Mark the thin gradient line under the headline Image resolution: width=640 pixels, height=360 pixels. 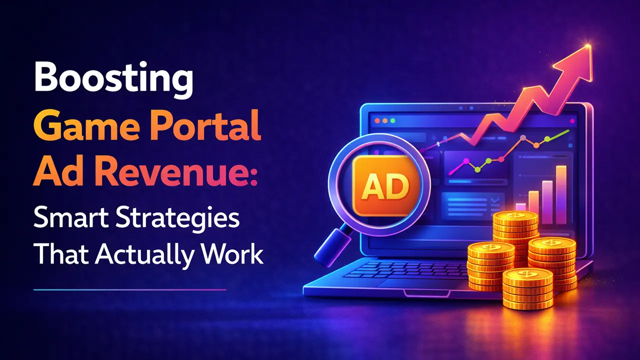pyautogui.click(x=130, y=289)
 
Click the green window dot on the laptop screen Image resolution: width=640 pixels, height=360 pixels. pyautogui.click(x=392, y=121)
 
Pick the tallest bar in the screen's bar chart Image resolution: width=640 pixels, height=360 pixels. pyautogui.click(x=561, y=188)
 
